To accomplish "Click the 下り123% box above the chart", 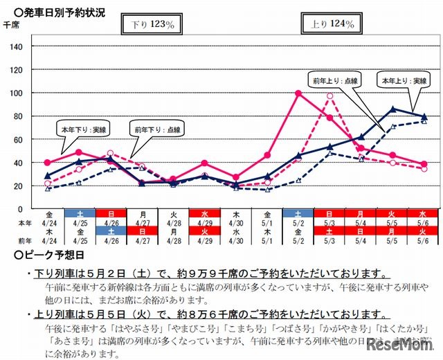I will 152,24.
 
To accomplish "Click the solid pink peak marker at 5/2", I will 298,93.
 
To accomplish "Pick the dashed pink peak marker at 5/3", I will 330,96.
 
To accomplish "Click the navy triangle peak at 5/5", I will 393,109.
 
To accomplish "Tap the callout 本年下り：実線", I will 80,128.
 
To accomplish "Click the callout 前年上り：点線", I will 336,80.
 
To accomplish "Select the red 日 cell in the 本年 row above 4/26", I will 111,215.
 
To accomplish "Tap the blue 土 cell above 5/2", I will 298,215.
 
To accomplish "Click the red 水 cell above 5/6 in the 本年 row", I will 423,215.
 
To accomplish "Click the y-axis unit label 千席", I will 12,25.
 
